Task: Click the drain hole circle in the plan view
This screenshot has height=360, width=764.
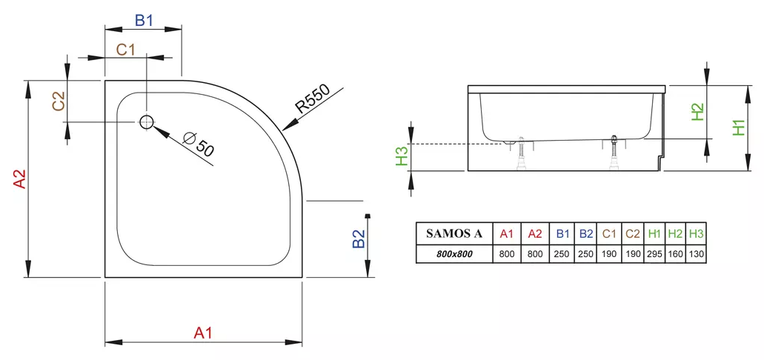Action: pos(146,122)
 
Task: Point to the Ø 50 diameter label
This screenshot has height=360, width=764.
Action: pos(199,143)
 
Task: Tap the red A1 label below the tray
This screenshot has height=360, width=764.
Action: pos(203,333)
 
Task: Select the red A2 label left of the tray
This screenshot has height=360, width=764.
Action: pos(20,180)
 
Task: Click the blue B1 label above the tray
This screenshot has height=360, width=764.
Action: pos(144,20)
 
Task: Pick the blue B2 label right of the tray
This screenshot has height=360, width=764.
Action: pos(359,239)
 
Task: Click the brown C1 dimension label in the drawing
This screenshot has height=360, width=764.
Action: pos(126,50)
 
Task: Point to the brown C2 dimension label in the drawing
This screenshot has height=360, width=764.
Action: pos(59,101)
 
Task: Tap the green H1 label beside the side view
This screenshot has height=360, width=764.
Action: pos(739,127)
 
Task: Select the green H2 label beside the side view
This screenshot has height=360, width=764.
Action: pos(697,111)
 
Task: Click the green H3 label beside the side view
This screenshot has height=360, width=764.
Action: pos(401,156)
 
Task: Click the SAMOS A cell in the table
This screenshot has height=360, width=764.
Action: pos(454,233)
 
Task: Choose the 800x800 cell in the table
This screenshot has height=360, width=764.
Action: pos(454,254)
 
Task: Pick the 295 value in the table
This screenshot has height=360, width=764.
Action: pos(654,254)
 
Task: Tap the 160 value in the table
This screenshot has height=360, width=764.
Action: pos(675,254)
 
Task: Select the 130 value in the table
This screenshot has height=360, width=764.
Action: pos(696,254)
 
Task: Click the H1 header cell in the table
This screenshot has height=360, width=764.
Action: pos(654,233)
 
